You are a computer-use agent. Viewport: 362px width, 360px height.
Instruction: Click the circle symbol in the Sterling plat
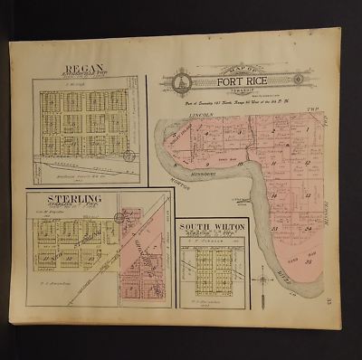tap(122, 216)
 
